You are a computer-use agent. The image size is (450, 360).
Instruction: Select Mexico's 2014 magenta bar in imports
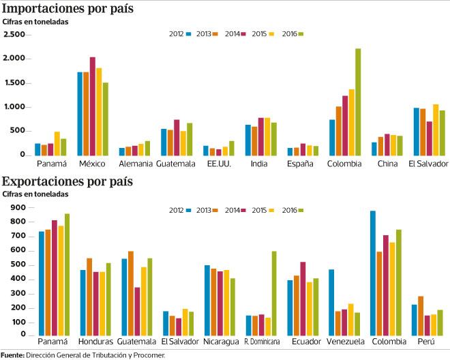[x=93, y=106]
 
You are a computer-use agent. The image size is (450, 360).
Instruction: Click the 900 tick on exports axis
[x=17, y=207]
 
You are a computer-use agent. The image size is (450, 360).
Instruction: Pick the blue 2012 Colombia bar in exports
[x=372, y=273]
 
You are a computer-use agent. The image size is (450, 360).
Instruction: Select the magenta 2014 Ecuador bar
[x=302, y=299]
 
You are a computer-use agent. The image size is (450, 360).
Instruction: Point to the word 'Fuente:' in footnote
[x=12, y=355]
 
